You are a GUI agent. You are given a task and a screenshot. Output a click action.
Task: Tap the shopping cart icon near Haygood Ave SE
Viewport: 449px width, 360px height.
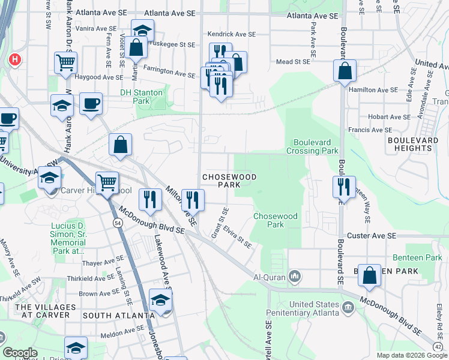[x=65, y=62]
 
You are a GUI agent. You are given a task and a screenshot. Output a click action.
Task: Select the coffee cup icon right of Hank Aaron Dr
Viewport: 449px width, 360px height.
[x=91, y=103]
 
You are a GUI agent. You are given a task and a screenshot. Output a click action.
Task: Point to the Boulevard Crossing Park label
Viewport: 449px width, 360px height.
[x=316, y=146]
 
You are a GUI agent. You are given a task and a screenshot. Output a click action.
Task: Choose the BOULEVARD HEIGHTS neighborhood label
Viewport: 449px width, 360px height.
[x=412, y=144]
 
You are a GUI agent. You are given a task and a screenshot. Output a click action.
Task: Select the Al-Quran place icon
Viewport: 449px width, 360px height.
[x=295, y=276]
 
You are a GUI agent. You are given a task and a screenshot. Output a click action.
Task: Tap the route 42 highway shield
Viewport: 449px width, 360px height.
[x=439, y=346]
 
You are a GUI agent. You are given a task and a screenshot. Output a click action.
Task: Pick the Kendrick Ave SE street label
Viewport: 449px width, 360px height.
[x=231, y=34]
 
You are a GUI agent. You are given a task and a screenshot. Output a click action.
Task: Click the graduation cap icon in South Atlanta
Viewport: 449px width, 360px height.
[x=161, y=301]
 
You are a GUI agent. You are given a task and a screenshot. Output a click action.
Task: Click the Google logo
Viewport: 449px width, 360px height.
[x=20, y=353]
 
